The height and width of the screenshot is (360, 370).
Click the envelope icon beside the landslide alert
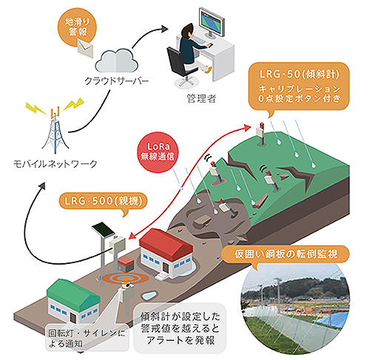(86, 49)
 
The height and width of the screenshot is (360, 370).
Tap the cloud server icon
(116, 61)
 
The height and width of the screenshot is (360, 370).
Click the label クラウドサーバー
(116, 81)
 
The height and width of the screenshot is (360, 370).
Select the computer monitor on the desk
(212, 23)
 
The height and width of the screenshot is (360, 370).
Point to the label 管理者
(201, 99)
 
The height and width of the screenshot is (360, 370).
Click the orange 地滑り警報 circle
(77, 27)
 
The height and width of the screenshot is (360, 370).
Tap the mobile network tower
(55, 131)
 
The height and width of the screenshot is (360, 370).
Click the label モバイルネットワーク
(55, 164)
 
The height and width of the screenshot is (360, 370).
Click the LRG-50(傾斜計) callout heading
(299, 74)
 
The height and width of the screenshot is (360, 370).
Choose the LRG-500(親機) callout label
(104, 201)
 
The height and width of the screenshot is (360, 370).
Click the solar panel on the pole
(104, 230)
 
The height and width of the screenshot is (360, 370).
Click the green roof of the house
(73, 294)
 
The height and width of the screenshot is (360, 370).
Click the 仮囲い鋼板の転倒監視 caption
(286, 254)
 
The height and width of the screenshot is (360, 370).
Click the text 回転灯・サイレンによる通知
(87, 338)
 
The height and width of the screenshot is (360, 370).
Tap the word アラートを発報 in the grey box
(181, 341)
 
